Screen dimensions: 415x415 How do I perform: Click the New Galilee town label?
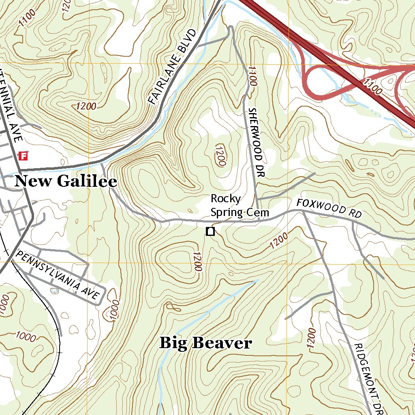coord(66,181)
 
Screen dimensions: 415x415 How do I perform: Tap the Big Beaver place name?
coord(205,343)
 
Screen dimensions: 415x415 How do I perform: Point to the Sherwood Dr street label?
coord(256,143)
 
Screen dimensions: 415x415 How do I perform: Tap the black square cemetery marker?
coord(210,232)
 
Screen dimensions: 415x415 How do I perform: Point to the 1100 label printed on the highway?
coord(373,87)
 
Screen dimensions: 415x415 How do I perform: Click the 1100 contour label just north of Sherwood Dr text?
coord(252,76)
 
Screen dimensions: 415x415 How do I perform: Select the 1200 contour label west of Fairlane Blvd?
coord(86,107)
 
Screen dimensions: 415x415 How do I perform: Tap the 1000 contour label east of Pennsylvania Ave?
coord(116,310)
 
